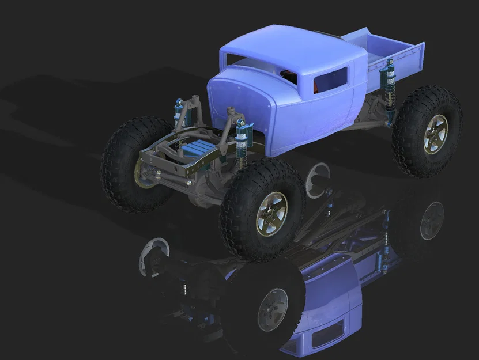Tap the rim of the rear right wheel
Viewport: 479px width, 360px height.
pyautogui.click(x=436, y=134)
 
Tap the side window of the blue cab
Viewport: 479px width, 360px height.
pyautogui.click(x=331, y=80)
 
